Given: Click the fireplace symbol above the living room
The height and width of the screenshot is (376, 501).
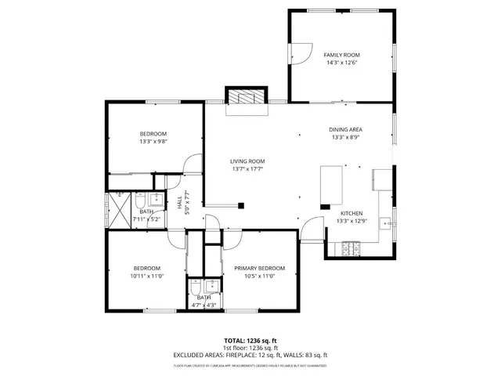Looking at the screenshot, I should [247, 97].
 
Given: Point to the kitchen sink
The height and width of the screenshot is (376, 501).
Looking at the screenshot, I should [385, 224].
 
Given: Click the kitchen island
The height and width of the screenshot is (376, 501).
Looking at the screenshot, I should [332, 185].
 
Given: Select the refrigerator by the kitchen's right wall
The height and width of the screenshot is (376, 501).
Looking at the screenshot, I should [383, 179].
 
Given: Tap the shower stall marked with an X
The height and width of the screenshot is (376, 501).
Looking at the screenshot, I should [118, 211].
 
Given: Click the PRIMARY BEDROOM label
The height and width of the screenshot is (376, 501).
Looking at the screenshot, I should [259, 268].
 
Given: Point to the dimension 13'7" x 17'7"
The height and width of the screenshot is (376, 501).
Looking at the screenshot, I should [247, 168].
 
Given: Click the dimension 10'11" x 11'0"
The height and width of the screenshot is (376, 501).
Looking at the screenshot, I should [146, 276].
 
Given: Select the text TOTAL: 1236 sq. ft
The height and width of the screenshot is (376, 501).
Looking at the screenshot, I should [250, 341].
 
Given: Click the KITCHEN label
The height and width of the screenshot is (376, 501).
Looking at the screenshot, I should [351, 213].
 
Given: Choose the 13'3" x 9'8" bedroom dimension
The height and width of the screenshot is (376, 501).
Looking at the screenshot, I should [153, 142].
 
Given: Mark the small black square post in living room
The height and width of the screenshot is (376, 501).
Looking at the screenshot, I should [240, 205].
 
